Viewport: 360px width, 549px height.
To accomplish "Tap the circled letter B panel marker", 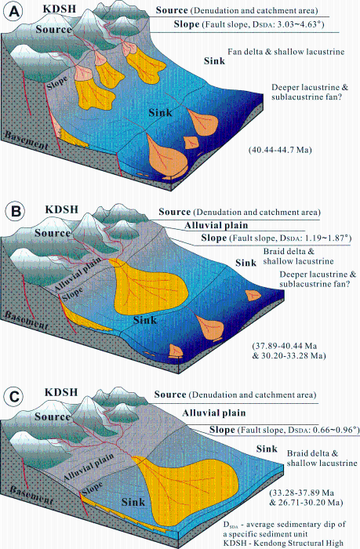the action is (16, 212).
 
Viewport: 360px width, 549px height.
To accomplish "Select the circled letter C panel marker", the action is (15, 397).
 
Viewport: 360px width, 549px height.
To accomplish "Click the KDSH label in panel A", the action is (59, 9).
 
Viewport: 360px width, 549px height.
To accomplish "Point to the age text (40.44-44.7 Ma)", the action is (280, 150).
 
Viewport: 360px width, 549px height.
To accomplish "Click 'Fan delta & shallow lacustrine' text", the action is (285, 52).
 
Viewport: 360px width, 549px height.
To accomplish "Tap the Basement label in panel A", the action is (26, 140).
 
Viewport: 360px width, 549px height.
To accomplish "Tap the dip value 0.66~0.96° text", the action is (336, 430).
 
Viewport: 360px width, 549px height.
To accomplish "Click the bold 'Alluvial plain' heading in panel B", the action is (216, 226).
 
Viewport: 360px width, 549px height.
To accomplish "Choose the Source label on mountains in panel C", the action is (53, 416).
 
